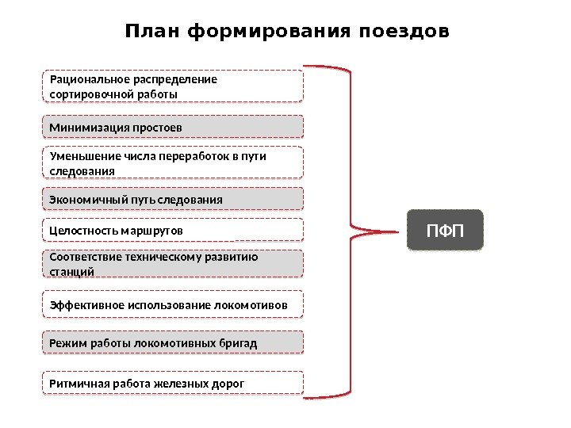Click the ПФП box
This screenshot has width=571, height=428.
click(x=445, y=231)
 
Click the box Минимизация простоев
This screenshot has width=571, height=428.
click(x=172, y=127)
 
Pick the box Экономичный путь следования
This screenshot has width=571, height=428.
click(x=172, y=199)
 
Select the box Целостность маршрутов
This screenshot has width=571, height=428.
click(x=172, y=230)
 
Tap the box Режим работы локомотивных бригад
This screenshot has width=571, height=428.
click(x=172, y=342)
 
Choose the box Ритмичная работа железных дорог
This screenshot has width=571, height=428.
click(x=172, y=384)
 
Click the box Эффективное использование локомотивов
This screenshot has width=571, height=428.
click(x=172, y=305)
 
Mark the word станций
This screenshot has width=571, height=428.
click(x=71, y=272)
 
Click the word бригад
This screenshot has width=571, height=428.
click(x=240, y=342)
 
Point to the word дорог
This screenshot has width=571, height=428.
click(x=228, y=384)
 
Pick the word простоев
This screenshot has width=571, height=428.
click(x=157, y=127)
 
